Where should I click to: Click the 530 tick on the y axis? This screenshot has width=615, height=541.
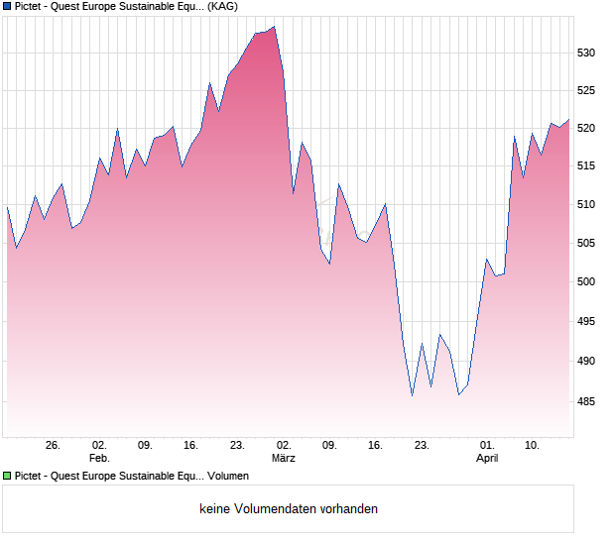587,53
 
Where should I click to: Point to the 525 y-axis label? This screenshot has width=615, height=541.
587,90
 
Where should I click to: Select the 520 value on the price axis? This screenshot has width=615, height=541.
587,129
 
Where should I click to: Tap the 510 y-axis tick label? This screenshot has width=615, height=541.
587,205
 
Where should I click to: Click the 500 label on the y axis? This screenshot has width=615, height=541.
587,282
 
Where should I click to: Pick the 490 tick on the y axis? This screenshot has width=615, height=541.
587,362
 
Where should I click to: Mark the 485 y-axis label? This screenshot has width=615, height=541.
587,401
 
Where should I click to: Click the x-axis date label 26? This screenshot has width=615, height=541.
54,446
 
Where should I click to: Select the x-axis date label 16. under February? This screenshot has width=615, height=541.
191,446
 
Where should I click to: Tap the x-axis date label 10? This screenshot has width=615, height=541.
533,446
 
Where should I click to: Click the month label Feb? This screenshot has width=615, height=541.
99,459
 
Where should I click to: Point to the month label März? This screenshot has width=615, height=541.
284,459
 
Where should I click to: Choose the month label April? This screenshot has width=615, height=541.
487,459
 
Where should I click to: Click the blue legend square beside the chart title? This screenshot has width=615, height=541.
7,6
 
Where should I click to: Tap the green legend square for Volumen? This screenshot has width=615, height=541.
7,477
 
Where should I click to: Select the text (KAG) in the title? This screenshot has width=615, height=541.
222,6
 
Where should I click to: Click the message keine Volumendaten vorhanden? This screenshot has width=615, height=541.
288,509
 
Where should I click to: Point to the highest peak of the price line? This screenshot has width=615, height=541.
274,27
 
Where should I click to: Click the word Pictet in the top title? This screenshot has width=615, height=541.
30,6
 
